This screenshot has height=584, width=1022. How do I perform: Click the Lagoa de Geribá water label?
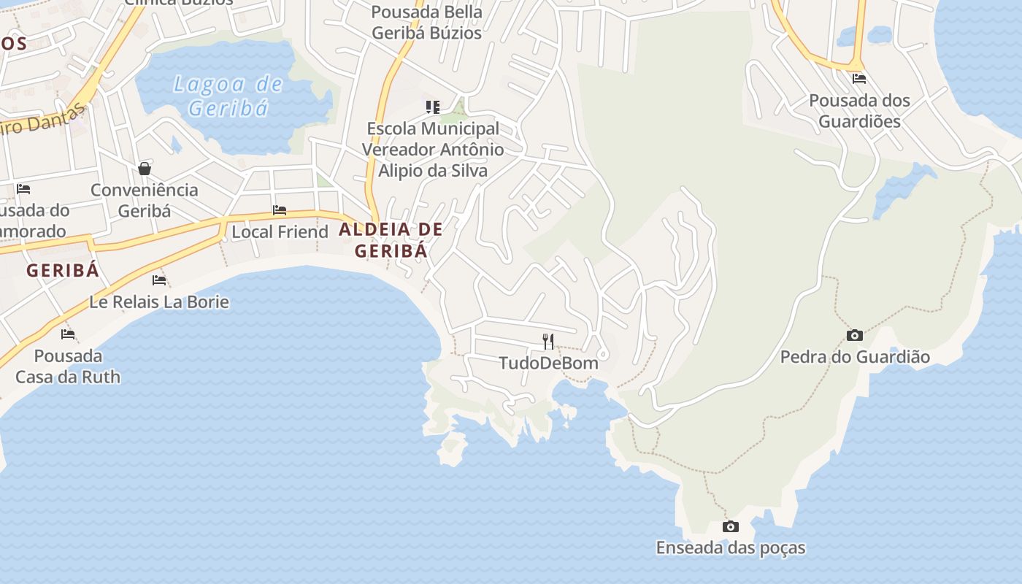(227, 96)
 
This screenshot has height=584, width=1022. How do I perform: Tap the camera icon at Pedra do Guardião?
(854, 335)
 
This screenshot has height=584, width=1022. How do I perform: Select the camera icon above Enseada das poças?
(730, 526)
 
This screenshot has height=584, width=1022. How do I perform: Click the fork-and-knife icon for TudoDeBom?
(548, 340)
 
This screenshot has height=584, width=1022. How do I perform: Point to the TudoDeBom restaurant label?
(548, 363)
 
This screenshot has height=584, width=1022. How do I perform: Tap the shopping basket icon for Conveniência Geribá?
(145, 169)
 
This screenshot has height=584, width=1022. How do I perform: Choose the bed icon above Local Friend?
(280, 210)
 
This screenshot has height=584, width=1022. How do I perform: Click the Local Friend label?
(280, 232)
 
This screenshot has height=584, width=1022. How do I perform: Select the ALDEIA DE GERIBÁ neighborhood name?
(391, 240)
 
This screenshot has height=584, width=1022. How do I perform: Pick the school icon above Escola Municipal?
(433, 107)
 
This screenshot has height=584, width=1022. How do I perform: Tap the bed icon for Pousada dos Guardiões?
(859, 78)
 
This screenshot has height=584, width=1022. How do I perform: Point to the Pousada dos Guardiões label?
(859, 111)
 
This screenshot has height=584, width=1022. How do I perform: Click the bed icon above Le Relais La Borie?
(159, 280)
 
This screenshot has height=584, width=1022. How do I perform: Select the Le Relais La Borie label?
(159, 302)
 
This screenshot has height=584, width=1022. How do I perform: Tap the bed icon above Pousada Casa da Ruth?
(68, 334)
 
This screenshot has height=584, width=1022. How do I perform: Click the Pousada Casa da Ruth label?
(68, 366)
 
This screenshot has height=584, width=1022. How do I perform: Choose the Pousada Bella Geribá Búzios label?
(427, 23)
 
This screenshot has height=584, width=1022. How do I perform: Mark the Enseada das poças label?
(730, 548)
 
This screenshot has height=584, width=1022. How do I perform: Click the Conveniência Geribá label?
(144, 200)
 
